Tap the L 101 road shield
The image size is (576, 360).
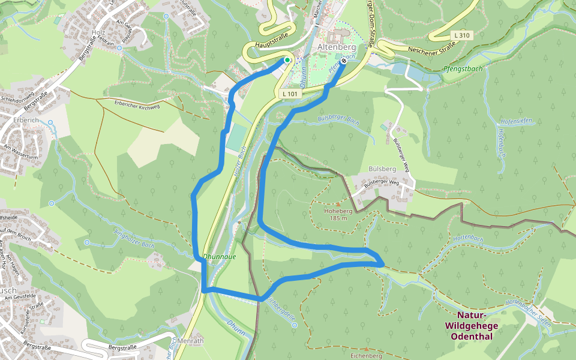pyautogui.click(x=289, y=94)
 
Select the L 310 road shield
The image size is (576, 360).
pyautogui.click(x=462, y=35)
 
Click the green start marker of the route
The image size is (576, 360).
pyautogui.click(x=287, y=60)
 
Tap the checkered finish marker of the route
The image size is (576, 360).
pyautogui.click(x=344, y=61)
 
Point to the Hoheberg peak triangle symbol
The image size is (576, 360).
pyautogui.click(x=338, y=204)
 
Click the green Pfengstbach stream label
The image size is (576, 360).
pyautogui.click(x=463, y=69)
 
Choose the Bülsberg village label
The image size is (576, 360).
pyautogui.click(x=383, y=169)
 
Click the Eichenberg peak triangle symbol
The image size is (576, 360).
pyautogui.click(x=366, y=348)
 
